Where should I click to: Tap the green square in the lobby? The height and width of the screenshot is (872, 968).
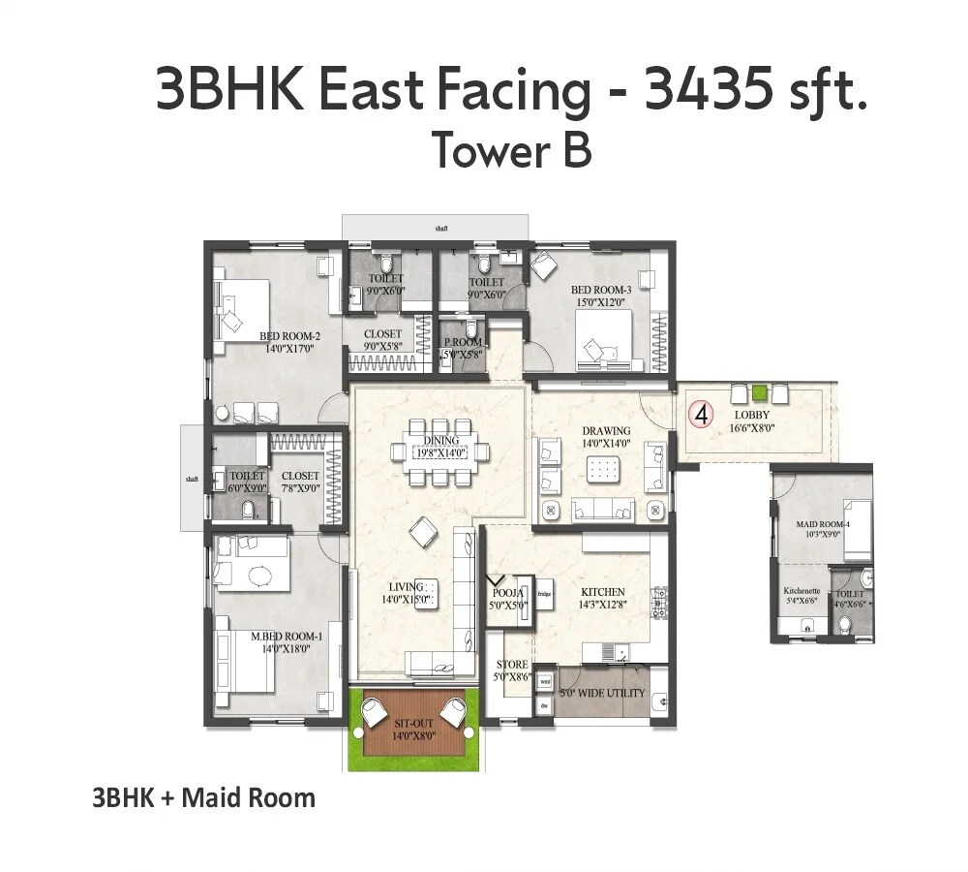tap(761, 393)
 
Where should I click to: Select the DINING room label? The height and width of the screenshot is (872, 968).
tap(440, 441)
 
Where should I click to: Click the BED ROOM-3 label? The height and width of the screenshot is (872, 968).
tap(601, 290)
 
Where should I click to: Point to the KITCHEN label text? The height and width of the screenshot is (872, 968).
tap(602, 592)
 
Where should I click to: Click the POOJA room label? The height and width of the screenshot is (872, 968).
tap(508, 593)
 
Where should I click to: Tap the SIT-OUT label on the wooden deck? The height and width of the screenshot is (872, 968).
tap(413, 724)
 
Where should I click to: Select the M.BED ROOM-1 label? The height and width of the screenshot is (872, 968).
tap(287, 637)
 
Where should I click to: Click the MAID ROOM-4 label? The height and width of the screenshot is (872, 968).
tap(823, 524)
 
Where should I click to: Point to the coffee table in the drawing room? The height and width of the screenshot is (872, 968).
tap(603, 470)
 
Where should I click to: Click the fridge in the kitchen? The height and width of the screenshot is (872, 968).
tap(544, 594)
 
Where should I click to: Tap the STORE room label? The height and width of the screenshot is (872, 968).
tap(512, 666)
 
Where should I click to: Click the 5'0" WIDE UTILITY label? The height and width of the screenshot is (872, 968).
tap(603, 694)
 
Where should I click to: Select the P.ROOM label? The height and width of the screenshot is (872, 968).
tap(463, 343)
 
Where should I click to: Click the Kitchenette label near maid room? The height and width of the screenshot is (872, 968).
tap(802, 591)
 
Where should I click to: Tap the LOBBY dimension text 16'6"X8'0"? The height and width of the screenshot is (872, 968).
tap(752, 426)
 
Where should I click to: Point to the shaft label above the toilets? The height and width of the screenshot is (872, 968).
tap(441, 229)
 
